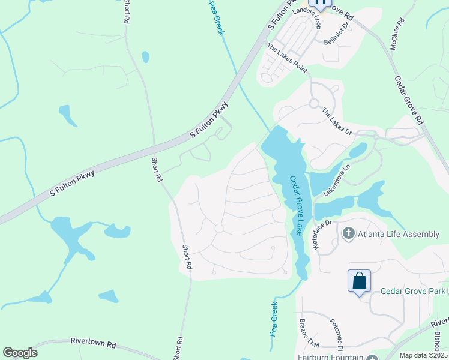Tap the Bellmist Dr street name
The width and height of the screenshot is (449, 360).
[336, 35]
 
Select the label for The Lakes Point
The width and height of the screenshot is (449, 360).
[287, 59]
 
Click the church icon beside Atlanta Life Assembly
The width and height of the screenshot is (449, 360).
[349, 233]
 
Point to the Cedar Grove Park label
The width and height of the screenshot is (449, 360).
[412, 292]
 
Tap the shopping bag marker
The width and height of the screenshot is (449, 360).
[359, 280]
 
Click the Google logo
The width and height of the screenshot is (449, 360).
[20, 353]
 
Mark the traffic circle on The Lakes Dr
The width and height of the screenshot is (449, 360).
[313, 103]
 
